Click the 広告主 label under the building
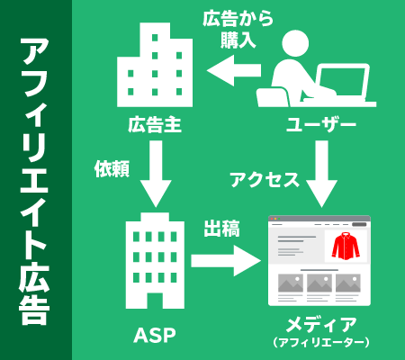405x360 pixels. pos(155,124)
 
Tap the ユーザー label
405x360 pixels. pos(320,124)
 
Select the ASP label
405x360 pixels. pos(155,335)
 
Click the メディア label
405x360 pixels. pos(321,325)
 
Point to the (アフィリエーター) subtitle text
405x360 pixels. pos(321,342)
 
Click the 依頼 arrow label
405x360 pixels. pos(112,169)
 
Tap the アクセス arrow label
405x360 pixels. pos(265,180)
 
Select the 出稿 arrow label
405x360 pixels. pos(221,229)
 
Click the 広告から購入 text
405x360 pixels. pos(238,29)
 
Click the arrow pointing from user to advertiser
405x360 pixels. pos(234,70)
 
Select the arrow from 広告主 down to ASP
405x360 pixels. pos(156,174)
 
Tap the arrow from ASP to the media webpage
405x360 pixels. pos(226,261)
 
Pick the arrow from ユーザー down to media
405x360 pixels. pos(321,174)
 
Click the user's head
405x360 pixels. pos(295,43)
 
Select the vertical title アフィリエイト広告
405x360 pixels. pos(34,182)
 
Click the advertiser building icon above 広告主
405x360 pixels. pos(155,65)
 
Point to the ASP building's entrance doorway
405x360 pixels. pos(155,300)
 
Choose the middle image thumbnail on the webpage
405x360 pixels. pos(319,283)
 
